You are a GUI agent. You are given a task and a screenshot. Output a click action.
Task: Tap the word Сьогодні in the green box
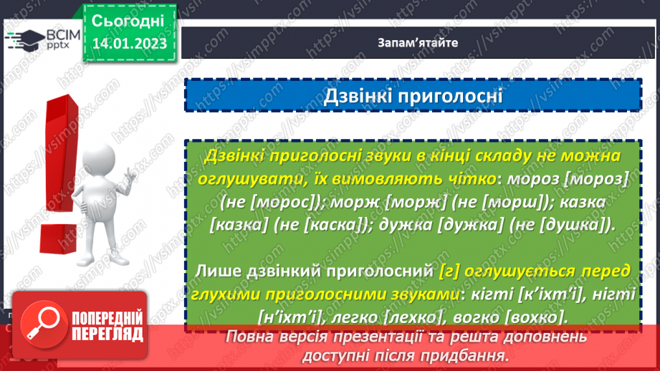click(128, 19)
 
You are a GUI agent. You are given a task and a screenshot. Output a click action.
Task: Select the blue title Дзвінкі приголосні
click(413, 95)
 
